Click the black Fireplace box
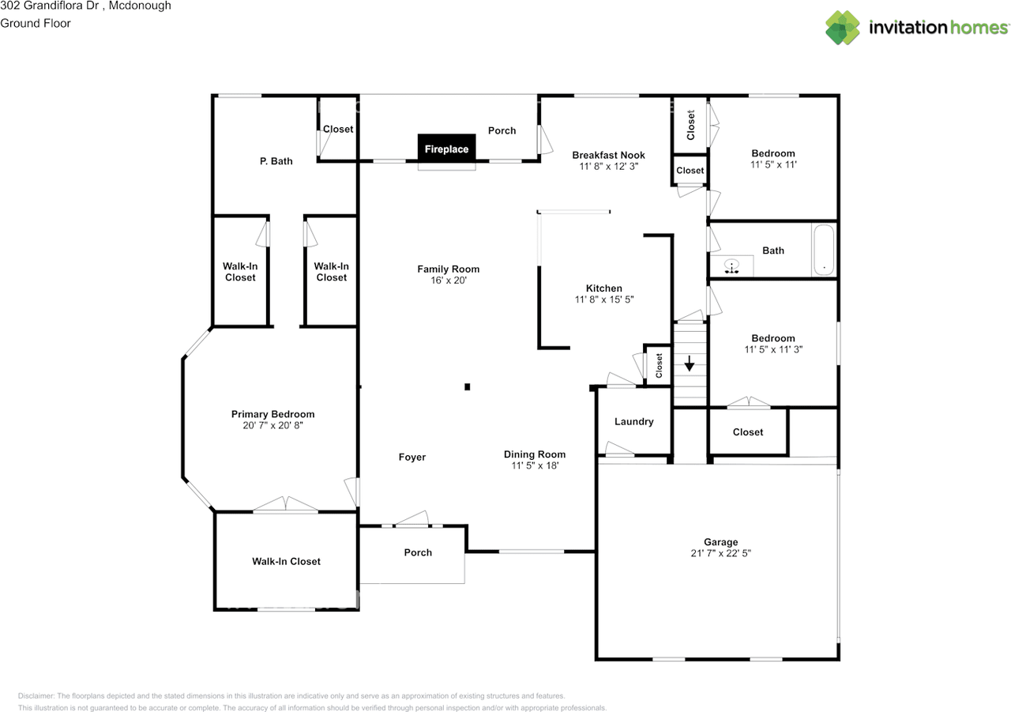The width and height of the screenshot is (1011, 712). click(446, 148)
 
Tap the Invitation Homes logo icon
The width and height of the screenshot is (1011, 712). click(843, 28)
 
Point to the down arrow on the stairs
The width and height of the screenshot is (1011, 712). click(690, 364)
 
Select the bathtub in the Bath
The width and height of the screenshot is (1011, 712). click(824, 250)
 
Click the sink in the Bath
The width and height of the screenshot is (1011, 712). click(731, 266)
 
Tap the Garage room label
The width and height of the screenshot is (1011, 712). click(721, 542)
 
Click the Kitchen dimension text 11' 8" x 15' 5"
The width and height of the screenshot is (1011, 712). click(604, 299)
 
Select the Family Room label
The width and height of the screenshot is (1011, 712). click(448, 269)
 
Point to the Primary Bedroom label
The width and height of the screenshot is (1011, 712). click(272, 414)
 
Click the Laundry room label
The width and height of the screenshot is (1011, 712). click(633, 421)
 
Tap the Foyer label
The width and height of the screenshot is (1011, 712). click(412, 457)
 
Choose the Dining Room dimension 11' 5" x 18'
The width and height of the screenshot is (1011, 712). click(535, 465)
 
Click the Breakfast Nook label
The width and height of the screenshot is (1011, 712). click(608, 155)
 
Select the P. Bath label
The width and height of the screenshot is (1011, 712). click(276, 161)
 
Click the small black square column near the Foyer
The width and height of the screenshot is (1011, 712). click(467, 386)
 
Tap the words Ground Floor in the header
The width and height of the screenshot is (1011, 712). click(36, 23)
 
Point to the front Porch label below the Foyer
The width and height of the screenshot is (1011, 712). click(418, 552)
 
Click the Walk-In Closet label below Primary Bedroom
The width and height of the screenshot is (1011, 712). click(286, 561)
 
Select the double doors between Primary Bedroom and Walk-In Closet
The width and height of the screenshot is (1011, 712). click(286, 505)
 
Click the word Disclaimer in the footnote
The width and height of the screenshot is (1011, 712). click(36, 695)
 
